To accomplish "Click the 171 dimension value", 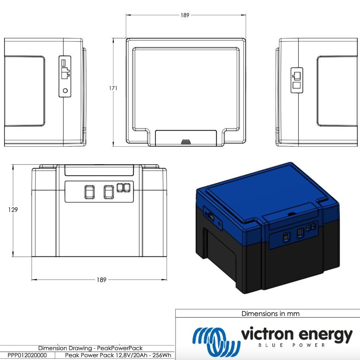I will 113,88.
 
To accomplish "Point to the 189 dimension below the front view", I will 102,280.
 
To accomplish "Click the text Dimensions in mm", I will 270,314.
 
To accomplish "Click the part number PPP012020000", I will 27,355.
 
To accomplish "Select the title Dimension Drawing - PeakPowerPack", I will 90,348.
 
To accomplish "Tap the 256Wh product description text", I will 118,355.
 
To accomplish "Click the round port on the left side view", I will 65,90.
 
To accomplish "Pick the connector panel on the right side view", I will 297,80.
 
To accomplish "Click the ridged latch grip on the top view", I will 186,142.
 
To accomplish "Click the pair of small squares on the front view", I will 123,188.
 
